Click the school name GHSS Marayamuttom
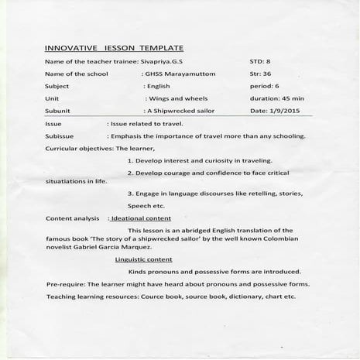pyautogui.click(x=183, y=74)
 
